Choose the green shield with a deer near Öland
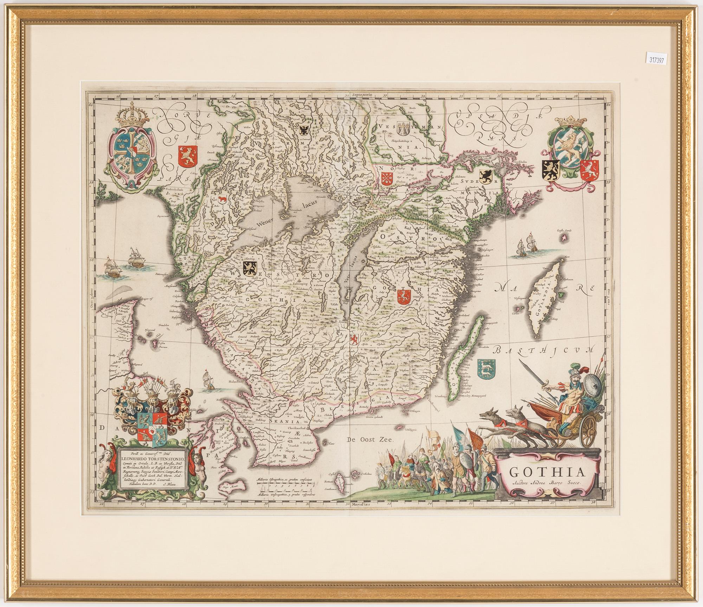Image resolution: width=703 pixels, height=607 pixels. coord(487,372)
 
